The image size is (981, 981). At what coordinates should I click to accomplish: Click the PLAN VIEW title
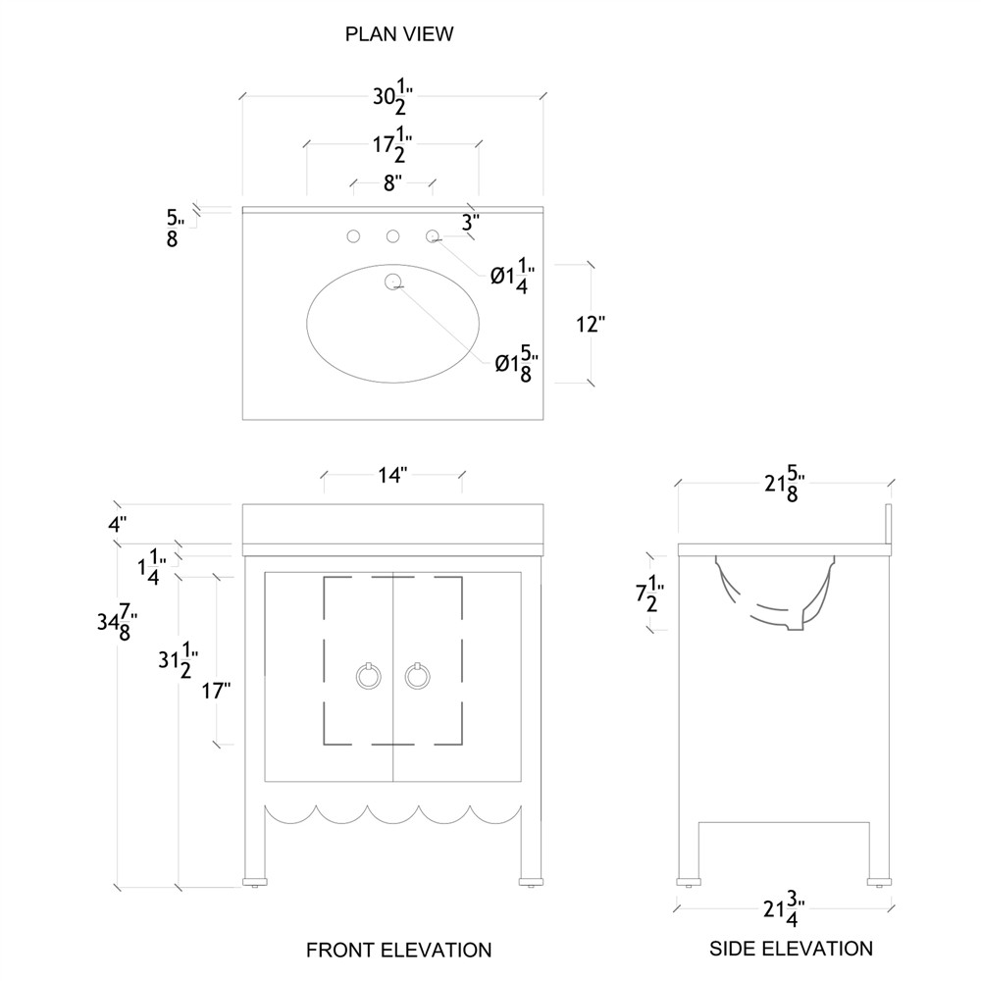tap(398, 34)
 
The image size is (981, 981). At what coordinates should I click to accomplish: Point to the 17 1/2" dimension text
tap(392, 149)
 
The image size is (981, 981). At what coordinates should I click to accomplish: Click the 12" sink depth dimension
tap(589, 324)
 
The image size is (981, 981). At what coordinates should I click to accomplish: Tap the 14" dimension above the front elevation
tap(392, 476)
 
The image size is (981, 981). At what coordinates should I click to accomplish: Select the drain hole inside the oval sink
tap(393, 284)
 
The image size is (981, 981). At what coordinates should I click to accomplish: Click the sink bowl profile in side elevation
tap(775, 594)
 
